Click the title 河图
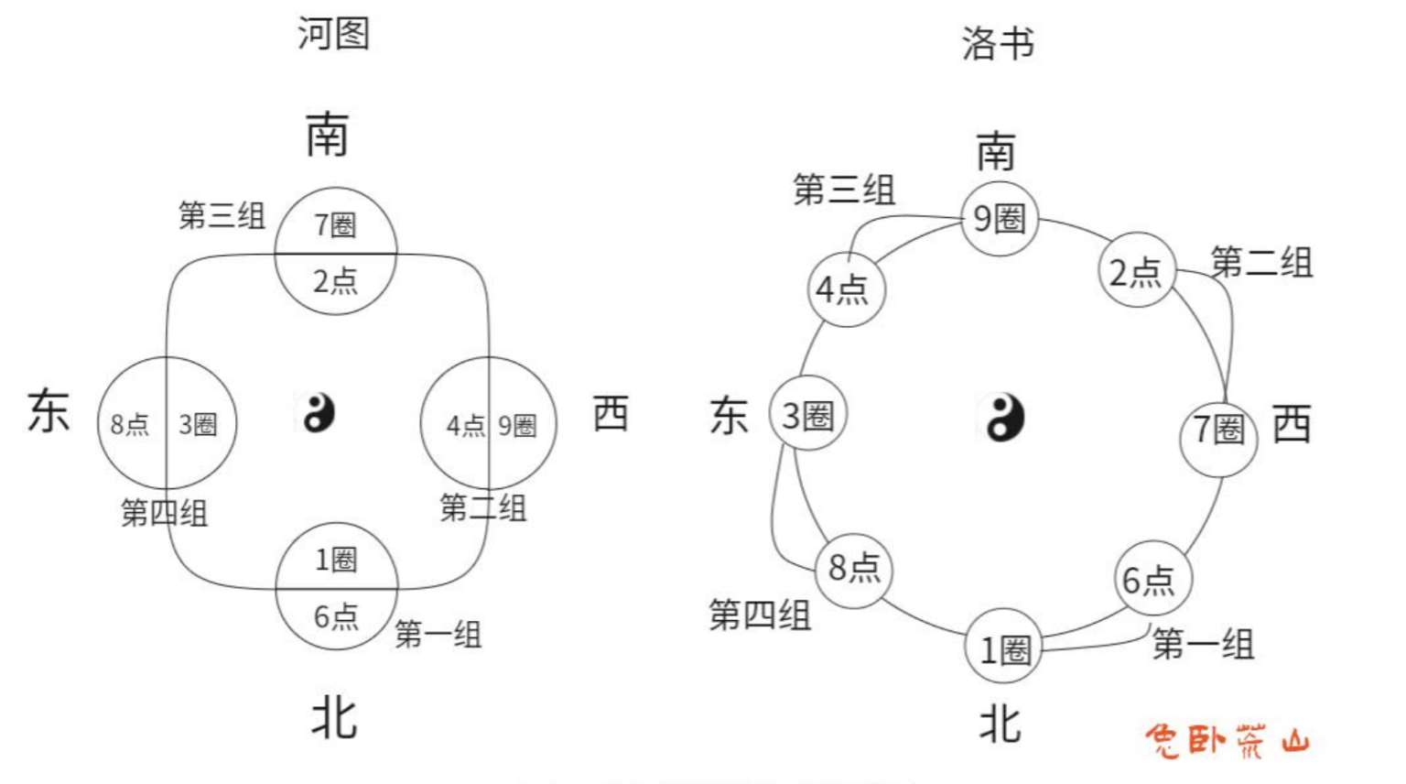coord(333,34)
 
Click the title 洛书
coord(997,43)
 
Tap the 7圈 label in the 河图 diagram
coord(335,224)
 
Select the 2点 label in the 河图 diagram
coord(335,281)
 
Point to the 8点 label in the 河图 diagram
coord(130,424)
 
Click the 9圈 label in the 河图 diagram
coord(517,425)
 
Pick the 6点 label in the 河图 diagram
coord(336,616)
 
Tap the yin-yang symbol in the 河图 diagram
coord(319,413)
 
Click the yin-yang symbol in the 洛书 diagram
coord(1003,418)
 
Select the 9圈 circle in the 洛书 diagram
coord(1000,219)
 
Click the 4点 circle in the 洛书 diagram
coord(846,289)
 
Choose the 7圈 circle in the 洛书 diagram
coord(1218,429)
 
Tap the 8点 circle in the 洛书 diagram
coord(854,568)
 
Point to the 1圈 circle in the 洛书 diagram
coord(1004,649)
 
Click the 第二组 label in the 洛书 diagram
coord(1261,263)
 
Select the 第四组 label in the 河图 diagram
coord(165,512)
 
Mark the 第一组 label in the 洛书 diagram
coord(1203,644)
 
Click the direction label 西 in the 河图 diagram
coord(611,413)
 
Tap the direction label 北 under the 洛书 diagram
coord(1000,724)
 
